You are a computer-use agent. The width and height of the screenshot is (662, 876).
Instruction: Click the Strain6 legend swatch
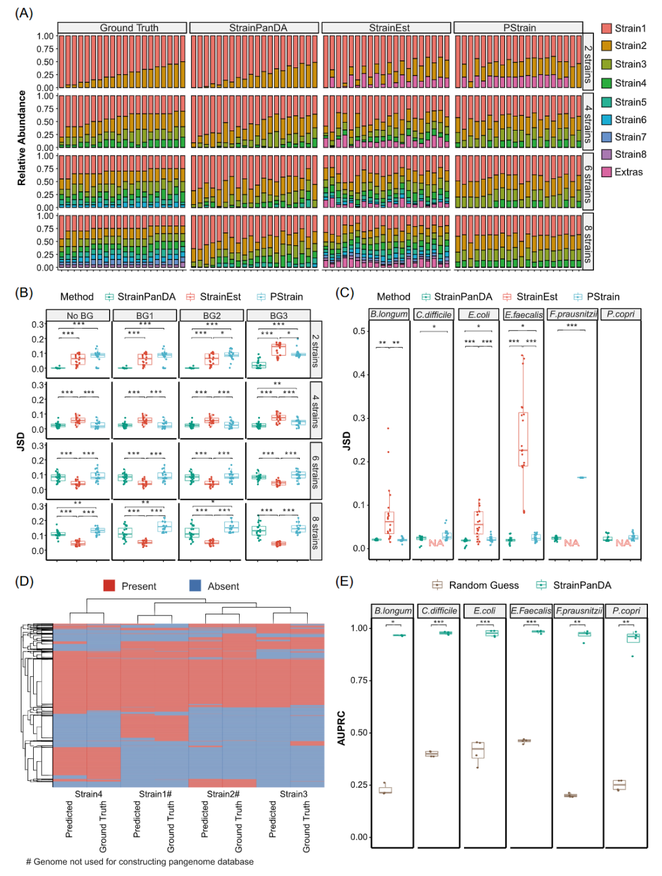(x=607, y=120)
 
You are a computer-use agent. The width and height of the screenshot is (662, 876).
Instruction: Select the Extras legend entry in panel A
(x=628, y=172)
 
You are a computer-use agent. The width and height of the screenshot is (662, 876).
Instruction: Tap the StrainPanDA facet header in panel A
(x=257, y=28)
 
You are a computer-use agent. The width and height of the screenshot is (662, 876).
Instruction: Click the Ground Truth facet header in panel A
(x=129, y=28)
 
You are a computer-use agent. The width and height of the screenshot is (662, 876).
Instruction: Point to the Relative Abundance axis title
(x=22, y=139)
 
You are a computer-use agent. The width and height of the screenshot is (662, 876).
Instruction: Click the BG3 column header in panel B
(x=278, y=315)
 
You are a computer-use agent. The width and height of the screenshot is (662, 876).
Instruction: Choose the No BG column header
(x=80, y=315)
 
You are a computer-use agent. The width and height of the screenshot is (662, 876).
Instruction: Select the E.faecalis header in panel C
(x=523, y=314)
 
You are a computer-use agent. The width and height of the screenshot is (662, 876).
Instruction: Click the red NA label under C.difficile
(x=436, y=543)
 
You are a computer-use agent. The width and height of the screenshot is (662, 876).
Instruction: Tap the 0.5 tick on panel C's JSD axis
(x=359, y=331)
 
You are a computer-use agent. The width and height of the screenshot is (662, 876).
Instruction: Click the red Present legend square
(x=109, y=586)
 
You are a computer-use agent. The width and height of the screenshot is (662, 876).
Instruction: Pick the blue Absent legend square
(x=195, y=586)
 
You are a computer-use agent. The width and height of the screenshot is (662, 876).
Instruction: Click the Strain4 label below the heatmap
(x=88, y=794)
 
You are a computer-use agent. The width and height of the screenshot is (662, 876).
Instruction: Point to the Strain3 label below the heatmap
(x=294, y=794)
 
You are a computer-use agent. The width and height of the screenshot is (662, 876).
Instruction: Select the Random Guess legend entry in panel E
(x=484, y=585)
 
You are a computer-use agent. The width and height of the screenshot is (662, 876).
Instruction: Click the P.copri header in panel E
(x=626, y=611)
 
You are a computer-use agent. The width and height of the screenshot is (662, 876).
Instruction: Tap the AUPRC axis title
(x=341, y=728)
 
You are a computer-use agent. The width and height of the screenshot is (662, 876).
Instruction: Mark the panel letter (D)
(x=24, y=581)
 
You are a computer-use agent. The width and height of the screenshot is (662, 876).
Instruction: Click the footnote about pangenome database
(x=140, y=862)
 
